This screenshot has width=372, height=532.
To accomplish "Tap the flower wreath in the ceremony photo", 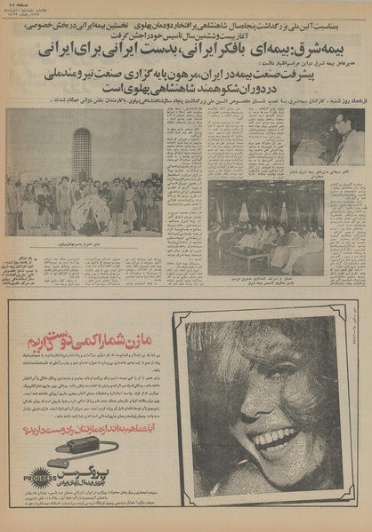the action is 90,214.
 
